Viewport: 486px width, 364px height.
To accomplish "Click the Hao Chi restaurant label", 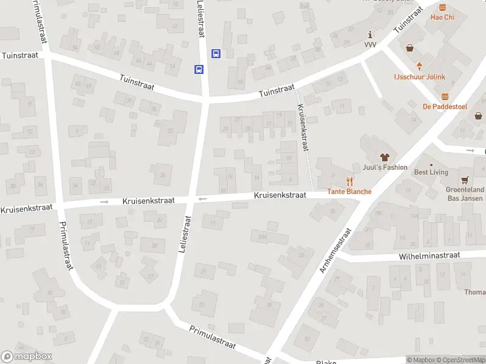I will tap(442, 17).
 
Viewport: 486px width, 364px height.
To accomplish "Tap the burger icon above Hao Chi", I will tap(442, 7).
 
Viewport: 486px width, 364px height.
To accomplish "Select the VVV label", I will tap(371, 45).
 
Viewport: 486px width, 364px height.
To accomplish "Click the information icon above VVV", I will tap(371, 35).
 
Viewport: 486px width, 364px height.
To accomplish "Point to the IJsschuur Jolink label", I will tap(419, 76).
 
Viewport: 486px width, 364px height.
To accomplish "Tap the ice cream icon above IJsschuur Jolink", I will tap(419, 66).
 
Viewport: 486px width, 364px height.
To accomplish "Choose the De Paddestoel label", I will tap(445, 107).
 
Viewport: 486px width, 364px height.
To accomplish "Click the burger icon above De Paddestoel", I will tap(445, 96).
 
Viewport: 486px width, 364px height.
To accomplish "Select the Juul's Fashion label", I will tap(385, 167).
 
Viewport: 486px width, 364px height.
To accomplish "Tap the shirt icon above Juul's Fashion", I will tap(384, 157).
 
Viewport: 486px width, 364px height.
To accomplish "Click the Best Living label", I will tap(431, 172).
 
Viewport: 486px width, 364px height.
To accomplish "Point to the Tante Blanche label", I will tap(349, 192).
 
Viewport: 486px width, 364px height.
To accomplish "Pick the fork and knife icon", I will tap(349, 181).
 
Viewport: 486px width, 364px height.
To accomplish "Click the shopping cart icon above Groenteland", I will tap(465, 180).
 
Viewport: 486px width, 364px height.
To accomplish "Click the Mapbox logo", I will tap(26, 357).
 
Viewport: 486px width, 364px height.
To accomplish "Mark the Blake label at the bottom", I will tap(326, 362).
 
